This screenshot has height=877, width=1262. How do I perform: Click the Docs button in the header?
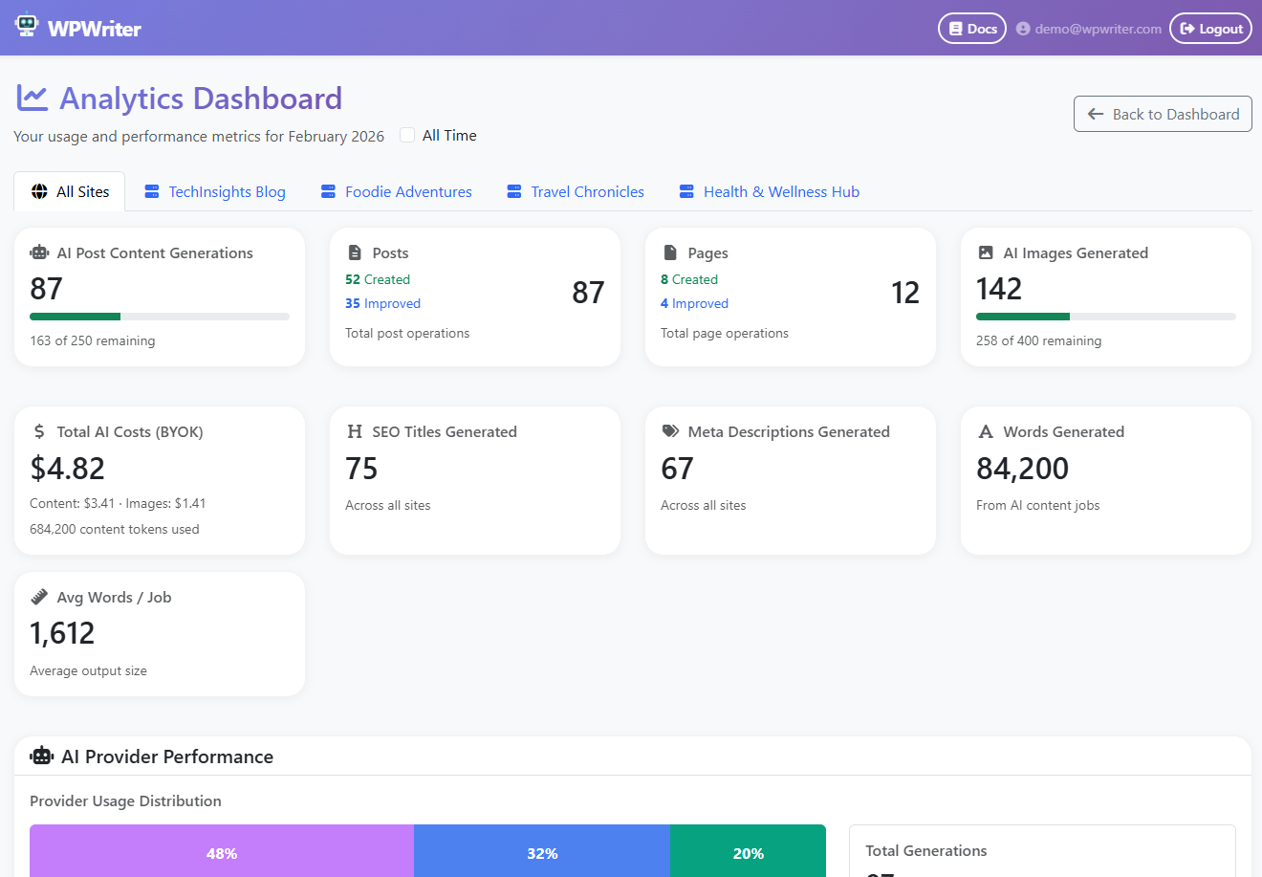click(x=972, y=29)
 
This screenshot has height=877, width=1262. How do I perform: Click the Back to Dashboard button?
click(x=1163, y=114)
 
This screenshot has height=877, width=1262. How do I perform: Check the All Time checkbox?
click(x=407, y=135)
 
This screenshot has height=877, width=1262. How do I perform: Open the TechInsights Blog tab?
click(x=215, y=192)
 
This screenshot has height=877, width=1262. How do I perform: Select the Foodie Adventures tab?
click(x=397, y=192)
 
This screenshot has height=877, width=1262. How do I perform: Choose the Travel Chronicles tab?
click(x=576, y=192)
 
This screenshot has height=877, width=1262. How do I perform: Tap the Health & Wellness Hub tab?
click(x=770, y=192)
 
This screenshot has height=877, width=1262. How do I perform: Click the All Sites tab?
click(x=70, y=192)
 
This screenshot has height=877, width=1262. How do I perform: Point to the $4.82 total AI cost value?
click(x=67, y=469)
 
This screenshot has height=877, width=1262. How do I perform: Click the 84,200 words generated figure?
click(x=1022, y=469)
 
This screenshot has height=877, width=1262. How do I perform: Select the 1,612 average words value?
click(x=62, y=633)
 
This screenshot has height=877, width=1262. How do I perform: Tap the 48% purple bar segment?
click(x=222, y=852)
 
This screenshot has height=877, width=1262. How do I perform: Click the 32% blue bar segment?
click(x=542, y=852)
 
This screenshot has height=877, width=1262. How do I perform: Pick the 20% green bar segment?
click(x=748, y=852)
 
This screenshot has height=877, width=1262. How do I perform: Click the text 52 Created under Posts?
click(x=378, y=279)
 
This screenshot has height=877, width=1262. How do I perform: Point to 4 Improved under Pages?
click(x=694, y=303)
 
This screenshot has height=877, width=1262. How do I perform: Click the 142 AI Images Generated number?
click(x=999, y=289)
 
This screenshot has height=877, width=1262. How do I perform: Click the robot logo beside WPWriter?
click(x=27, y=26)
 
